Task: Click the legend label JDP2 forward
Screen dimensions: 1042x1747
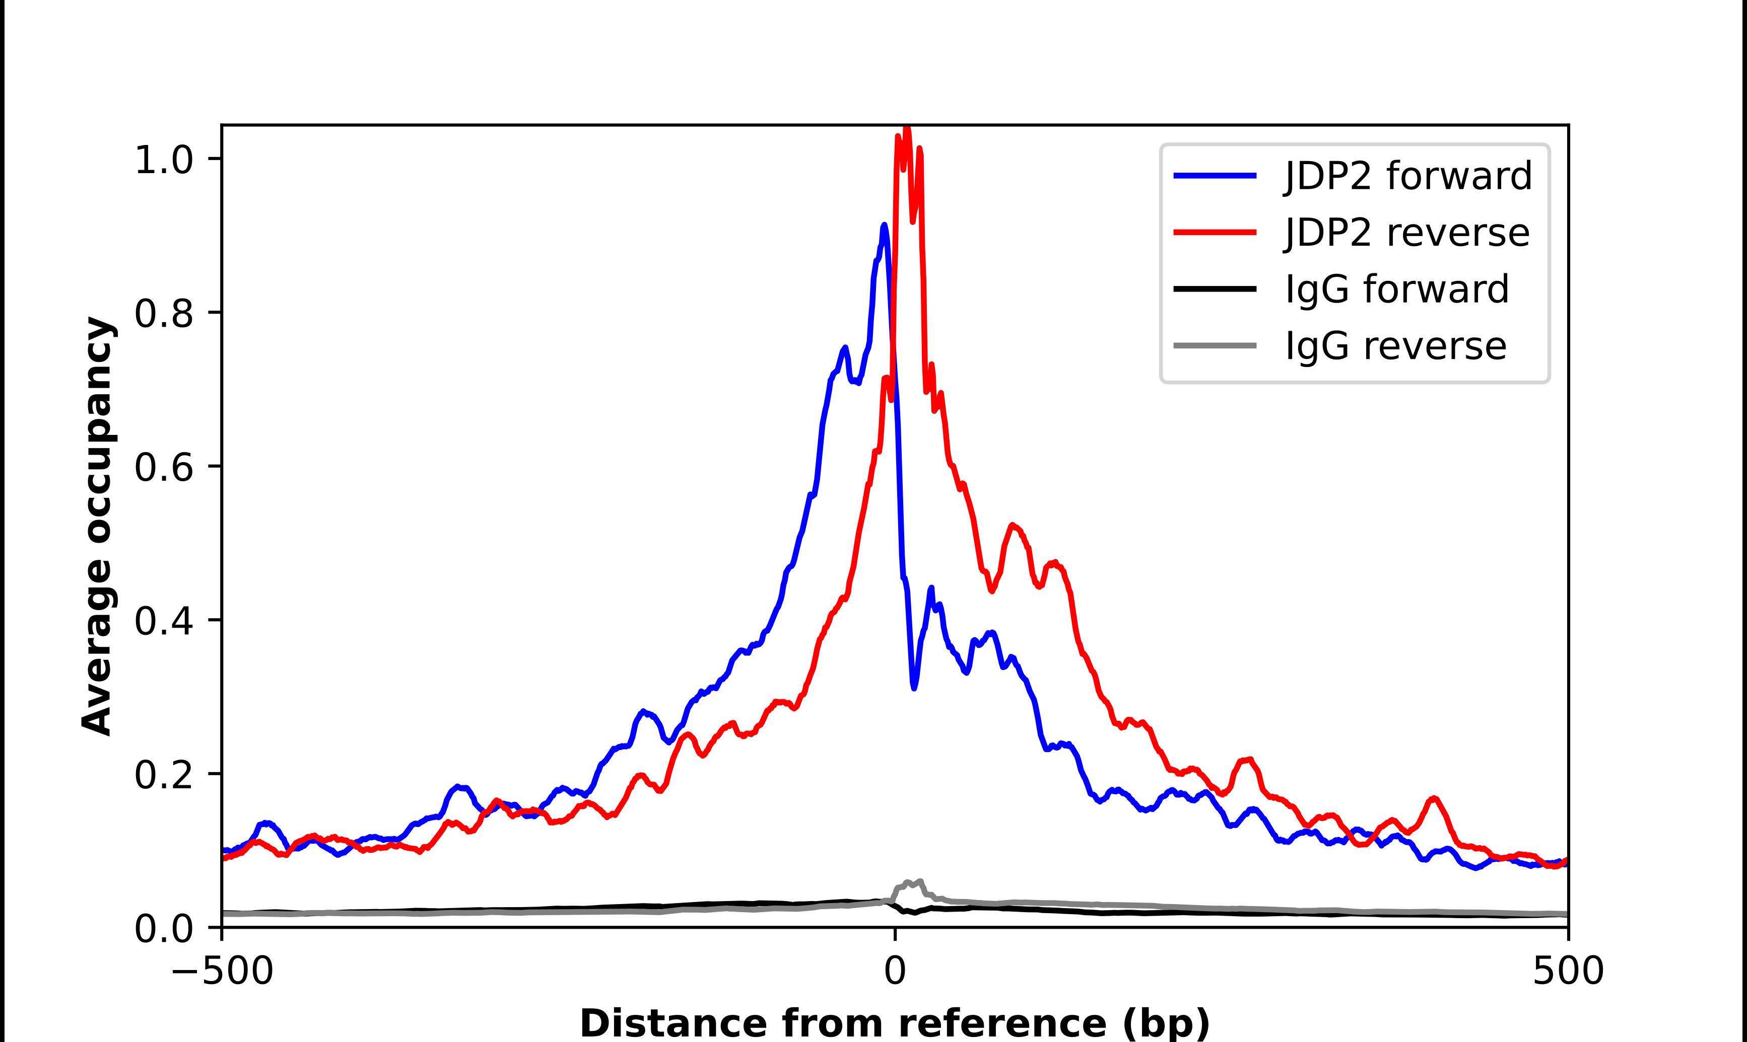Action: coord(1407,176)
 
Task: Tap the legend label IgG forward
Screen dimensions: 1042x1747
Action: coord(1396,289)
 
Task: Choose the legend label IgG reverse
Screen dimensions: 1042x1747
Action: coord(1395,346)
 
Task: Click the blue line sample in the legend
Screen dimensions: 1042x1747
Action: coord(1215,176)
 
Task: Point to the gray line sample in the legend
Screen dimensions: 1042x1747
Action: coord(1215,345)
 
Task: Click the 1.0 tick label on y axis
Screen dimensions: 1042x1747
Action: coord(163,160)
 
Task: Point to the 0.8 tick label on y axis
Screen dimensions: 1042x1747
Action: coord(163,314)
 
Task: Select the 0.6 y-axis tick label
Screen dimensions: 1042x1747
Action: coord(163,468)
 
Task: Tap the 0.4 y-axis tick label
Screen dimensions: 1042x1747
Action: coord(163,621)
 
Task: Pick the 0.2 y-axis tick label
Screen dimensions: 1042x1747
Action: coord(163,775)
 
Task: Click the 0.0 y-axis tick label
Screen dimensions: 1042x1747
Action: coord(163,929)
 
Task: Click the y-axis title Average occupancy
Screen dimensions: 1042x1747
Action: coord(97,527)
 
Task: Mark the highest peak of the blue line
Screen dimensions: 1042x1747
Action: coord(885,226)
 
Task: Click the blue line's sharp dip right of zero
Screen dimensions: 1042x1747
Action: coord(914,688)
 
